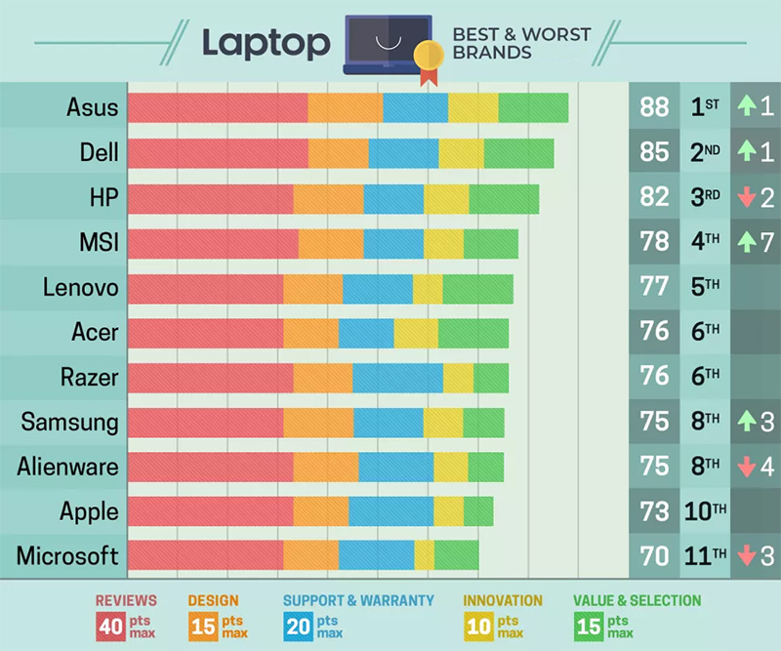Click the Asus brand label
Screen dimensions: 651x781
pyautogui.click(x=93, y=106)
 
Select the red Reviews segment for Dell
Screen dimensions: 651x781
pyautogui.click(x=218, y=153)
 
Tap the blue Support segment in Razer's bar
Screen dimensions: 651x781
pyautogui.click(x=397, y=377)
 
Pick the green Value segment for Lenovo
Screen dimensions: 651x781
pyautogui.click(x=477, y=288)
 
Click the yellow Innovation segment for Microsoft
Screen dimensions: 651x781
pyautogui.click(x=424, y=555)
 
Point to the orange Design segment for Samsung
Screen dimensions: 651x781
pyautogui.click(x=318, y=422)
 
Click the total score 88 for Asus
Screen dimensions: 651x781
pyautogui.click(x=654, y=106)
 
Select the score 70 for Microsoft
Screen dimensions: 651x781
pyautogui.click(x=654, y=556)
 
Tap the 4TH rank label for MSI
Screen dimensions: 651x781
pyautogui.click(x=705, y=242)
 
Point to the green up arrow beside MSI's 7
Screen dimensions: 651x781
pyautogui.click(x=746, y=241)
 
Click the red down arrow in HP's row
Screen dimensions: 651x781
pyautogui.click(x=747, y=197)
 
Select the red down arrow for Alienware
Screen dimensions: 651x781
pyautogui.click(x=747, y=467)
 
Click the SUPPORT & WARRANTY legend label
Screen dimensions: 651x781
pyautogui.click(x=357, y=601)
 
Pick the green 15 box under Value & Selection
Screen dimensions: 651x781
pyautogui.click(x=589, y=626)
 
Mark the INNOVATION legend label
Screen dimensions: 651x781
pyautogui.click(x=503, y=601)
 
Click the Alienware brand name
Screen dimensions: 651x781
pyautogui.click(x=67, y=467)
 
